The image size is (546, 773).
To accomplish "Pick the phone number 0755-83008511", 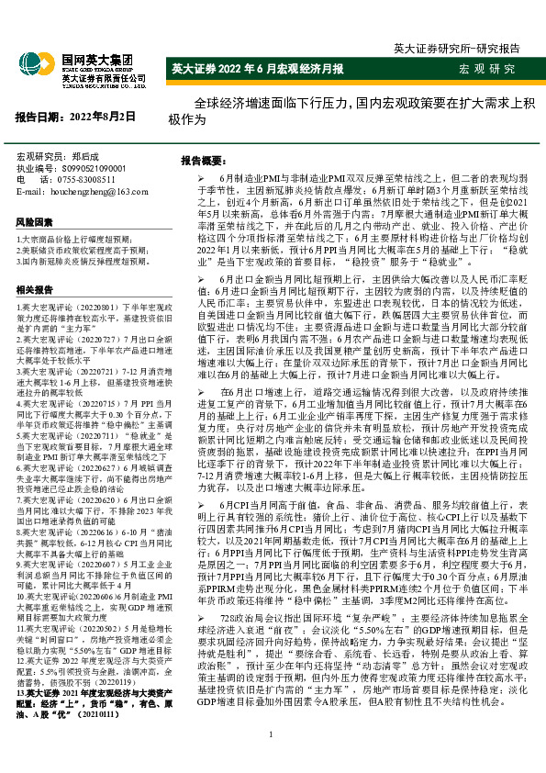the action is point(88,180).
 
